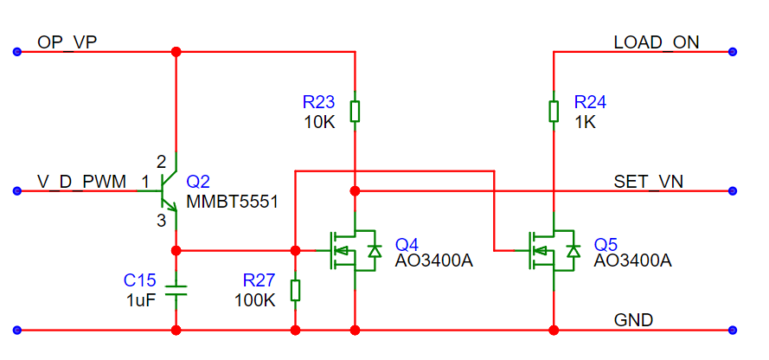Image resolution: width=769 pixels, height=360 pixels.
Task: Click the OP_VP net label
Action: click(67, 42)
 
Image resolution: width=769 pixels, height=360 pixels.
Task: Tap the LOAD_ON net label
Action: click(657, 42)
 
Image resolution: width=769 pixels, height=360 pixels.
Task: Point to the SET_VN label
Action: click(649, 182)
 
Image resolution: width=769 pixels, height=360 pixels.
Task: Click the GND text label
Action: click(633, 320)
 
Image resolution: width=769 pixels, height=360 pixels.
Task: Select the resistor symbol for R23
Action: click(355, 112)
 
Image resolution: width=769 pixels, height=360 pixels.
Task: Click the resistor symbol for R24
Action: click(554, 112)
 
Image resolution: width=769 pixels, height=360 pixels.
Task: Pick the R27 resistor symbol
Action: click(295, 291)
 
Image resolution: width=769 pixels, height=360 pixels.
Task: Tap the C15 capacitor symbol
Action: click(176, 290)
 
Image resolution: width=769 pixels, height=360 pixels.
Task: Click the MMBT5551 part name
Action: click(232, 201)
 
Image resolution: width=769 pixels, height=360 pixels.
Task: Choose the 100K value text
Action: click(255, 299)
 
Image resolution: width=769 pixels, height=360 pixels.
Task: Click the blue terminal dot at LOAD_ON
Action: click(733, 52)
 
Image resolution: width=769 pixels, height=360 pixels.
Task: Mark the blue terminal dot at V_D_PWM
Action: click(17, 190)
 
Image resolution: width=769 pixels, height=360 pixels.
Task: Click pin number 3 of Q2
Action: click(162, 222)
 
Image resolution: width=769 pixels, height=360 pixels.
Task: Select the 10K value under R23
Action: click(319, 121)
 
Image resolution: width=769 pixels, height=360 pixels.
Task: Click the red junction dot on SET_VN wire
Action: click(355, 190)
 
